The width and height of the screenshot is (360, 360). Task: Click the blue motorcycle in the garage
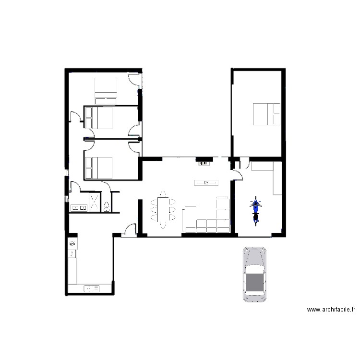[x=255, y=211]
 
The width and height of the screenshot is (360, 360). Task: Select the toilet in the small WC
[x=107, y=206]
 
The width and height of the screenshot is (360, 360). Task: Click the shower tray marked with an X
[x=95, y=202]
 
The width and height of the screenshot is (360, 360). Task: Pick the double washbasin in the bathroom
[x=79, y=208]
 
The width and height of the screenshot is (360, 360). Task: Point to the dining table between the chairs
[x=163, y=209]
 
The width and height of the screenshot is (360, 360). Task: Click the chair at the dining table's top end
[x=163, y=194]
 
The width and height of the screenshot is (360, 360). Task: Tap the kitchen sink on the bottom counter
[x=92, y=288]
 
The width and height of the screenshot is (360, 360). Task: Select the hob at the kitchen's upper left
[x=72, y=243]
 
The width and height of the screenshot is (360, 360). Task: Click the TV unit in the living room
[x=206, y=183]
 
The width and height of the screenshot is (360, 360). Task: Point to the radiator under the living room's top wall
[x=203, y=164]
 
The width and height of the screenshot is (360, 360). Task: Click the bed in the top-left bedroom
[x=106, y=91]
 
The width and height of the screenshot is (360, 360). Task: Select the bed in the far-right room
[x=266, y=114]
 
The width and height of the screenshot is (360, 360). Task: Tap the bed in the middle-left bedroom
[x=98, y=118]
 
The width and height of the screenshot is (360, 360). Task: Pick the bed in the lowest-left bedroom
[x=98, y=168]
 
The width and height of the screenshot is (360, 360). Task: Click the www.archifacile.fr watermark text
[x=331, y=310]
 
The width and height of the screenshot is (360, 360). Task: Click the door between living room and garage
[x=238, y=175]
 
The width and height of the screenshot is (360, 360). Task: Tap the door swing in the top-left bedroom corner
[x=134, y=80]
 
